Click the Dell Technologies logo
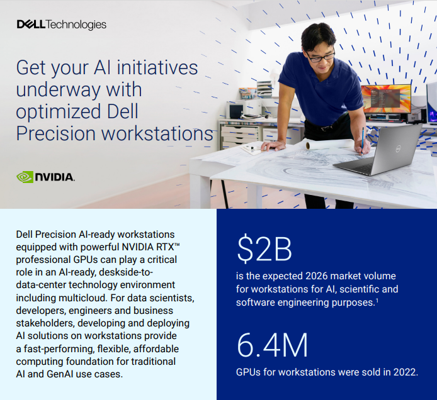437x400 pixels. coord(61,25)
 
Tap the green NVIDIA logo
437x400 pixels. coord(45,177)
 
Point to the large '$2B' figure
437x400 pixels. coord(264,250)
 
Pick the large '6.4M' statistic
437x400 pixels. coord(272,346)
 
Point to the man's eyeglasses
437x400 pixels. coord(321,57)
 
